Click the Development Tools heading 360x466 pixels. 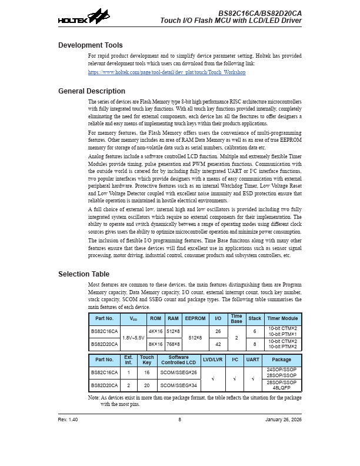pos(91,45)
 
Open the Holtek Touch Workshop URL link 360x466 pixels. pos(166,72)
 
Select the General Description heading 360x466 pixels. pos(92,91)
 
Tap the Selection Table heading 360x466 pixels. pos(84,274)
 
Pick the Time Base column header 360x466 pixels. pos(236,318)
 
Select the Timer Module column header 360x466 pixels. pos(282,318)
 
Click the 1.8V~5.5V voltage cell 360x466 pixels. pos(134,338)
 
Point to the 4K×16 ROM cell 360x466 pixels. pos(155,331)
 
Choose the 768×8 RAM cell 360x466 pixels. pos(173,344)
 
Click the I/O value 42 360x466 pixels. pos(218,344)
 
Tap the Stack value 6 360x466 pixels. pos(255,331)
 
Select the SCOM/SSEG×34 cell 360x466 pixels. pos(179,385)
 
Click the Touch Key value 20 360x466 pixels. pos(147,385)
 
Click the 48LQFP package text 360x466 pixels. pos(282,388)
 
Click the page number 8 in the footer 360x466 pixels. pos(180,419)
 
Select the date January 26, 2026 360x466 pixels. pos(284,419)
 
